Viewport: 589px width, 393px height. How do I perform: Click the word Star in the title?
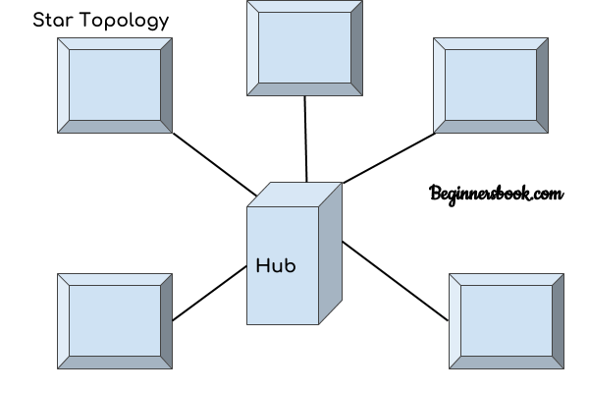pyautogui.click(x=53, y=20)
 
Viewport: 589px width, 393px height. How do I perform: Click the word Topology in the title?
pyautogui.click(x=125, y=21)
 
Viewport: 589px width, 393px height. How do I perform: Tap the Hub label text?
pyautogui.click(x=276, y=265)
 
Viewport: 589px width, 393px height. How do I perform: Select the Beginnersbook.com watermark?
pyautogui.click(x=496, y=195)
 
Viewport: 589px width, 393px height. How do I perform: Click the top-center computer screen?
pyautogui.click(x=304, y=48)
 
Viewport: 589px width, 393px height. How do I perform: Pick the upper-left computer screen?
pyautogui.click(x=115, y=85)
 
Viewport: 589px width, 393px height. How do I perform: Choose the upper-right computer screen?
pyautogui.click(x=491, y=85)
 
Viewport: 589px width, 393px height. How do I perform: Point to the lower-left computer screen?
pyautogui.click(x=115, y=321)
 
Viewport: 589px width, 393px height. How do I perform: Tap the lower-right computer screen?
pyautogui.click(x=507, y=321)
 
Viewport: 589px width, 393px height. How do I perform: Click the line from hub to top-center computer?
pyautogui.click(x=305, y=140)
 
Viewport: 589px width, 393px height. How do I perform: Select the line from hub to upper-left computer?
pyautogui.click(x=215, y=165)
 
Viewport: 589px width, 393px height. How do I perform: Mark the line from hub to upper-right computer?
pyautogui.click(x=389, y=158)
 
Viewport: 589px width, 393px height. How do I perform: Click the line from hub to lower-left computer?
pyautogui.click(x=210, y=294)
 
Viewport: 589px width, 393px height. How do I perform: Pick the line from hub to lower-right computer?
pyautogui.click(x=396, y=281)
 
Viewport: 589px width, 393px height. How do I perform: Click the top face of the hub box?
pyautogui.click(x=294, y=195)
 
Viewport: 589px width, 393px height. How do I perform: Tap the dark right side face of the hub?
pyautogui.click(x=331, y=253)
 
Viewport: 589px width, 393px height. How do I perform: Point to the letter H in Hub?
pyautogui.click(x=262, y=265)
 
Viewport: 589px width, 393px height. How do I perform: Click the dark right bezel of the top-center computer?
pyautogui.click(x=357, y=48)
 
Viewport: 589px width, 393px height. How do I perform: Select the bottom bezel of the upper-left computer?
pyautogui.click(x=115, y=127)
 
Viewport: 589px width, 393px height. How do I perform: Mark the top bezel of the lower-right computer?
pyautogui.click(x=507, y=280)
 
